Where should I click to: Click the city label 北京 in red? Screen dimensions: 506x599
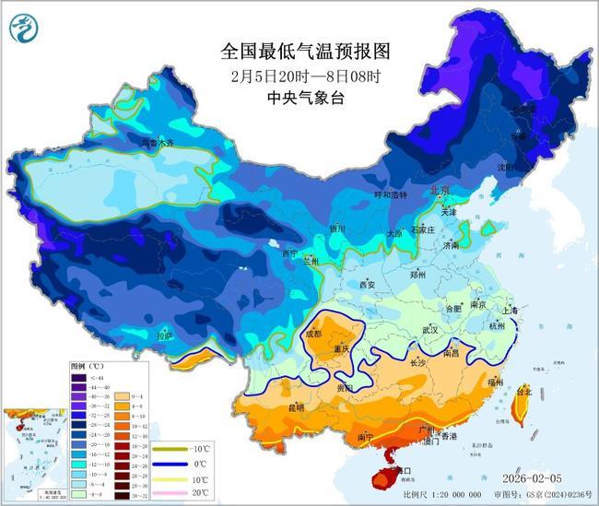tap(440, 190)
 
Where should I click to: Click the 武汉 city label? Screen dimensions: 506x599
tap(430, 329)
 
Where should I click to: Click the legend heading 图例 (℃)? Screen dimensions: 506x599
tap(87, 366)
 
